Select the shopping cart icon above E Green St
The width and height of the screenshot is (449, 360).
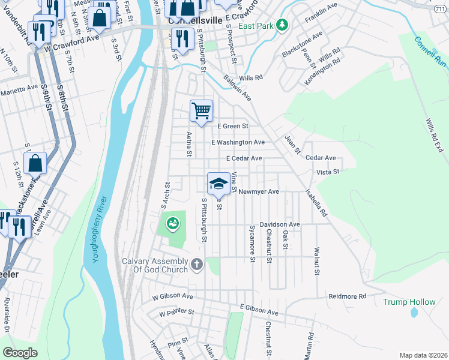pos(202,110)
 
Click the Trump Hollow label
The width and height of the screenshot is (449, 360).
pos(409,301)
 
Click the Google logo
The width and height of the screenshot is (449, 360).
pos(20,353)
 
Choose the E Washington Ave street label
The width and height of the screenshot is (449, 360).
pos(238,142)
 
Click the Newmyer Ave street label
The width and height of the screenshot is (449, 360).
pos(259,192)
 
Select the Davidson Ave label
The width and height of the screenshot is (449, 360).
pos(279,224)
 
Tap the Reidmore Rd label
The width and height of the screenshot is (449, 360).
pos(347,296)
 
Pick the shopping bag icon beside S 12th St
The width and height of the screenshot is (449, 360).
pos(35,163)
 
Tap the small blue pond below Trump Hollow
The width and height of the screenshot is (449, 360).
pos(414,312)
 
